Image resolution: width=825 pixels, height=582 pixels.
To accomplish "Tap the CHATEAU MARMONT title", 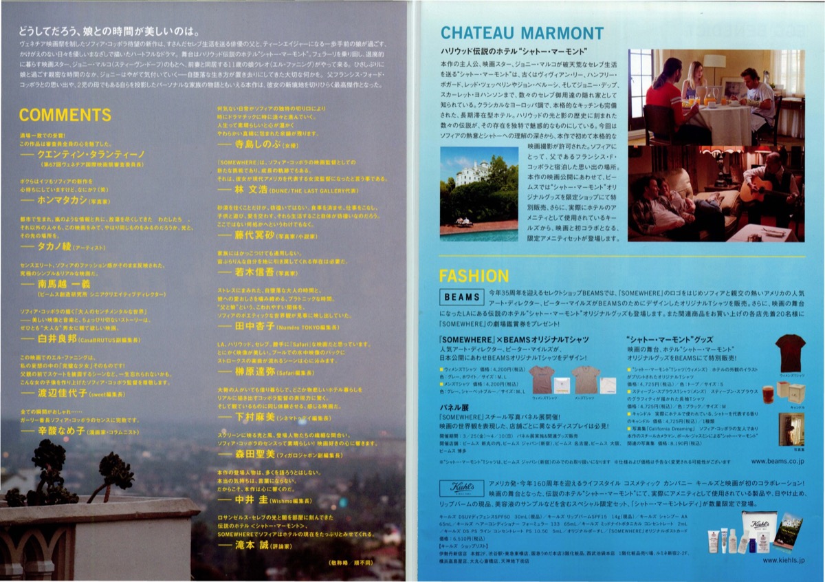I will point(522,33).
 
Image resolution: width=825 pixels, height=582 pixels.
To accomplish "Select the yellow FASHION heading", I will point(474,276).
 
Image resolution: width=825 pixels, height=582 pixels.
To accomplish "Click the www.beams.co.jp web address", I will point(777,461).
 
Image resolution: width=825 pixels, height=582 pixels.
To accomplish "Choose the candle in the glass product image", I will point(768,394).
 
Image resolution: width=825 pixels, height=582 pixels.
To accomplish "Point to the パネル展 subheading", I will point(454,407).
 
